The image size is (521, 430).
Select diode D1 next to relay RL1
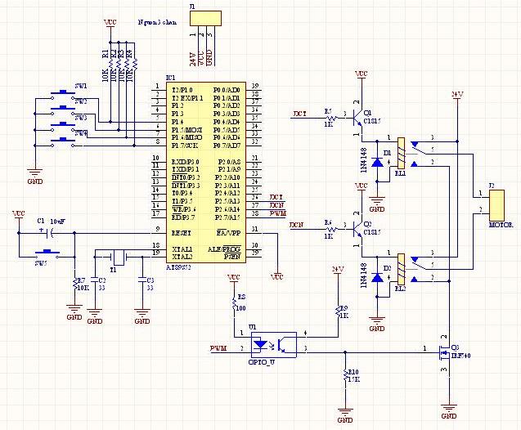tap(377, 162)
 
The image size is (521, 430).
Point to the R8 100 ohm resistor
tap(233, 303)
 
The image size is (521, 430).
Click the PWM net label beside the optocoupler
tap(218, 349)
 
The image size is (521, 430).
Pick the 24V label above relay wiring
tap(457, 96)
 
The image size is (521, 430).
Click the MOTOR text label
tap(500, 223)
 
